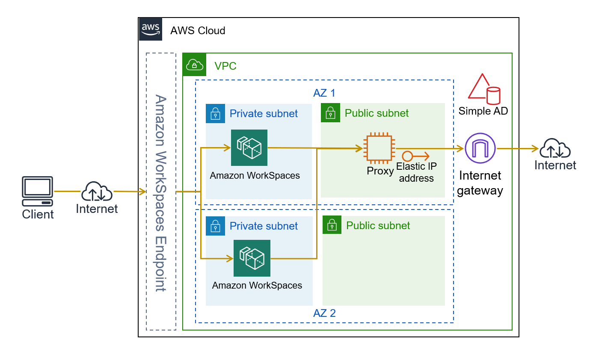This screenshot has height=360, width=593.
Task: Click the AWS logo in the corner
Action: click(x=151, y=30)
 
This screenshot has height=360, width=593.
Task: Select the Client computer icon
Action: click(x=38, y=191)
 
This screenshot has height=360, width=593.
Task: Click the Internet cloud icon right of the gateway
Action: click(x=555, y=149)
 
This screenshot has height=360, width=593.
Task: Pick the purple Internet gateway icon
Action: click(x=480, y=148)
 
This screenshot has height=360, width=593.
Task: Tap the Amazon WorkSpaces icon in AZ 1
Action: click(x=249, y=148)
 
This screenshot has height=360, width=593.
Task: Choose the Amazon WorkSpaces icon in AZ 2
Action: click(x=252, y=258)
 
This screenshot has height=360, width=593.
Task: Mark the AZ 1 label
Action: click(x=324, y=93)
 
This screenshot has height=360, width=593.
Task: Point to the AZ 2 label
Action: click(x=324, y=313)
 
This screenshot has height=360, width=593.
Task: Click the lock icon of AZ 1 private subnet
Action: click(x=215, y=113)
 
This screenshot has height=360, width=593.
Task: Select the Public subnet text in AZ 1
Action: click(x=377, y=113)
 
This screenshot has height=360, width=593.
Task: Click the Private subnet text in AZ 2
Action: click(x=264, y=226)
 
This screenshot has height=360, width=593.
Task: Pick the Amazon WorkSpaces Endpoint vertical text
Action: click(x=161, y=192)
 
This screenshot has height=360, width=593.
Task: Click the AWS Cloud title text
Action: click(x=198, y=31)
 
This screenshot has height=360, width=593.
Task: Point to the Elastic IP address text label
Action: click(x=416, y=172)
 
